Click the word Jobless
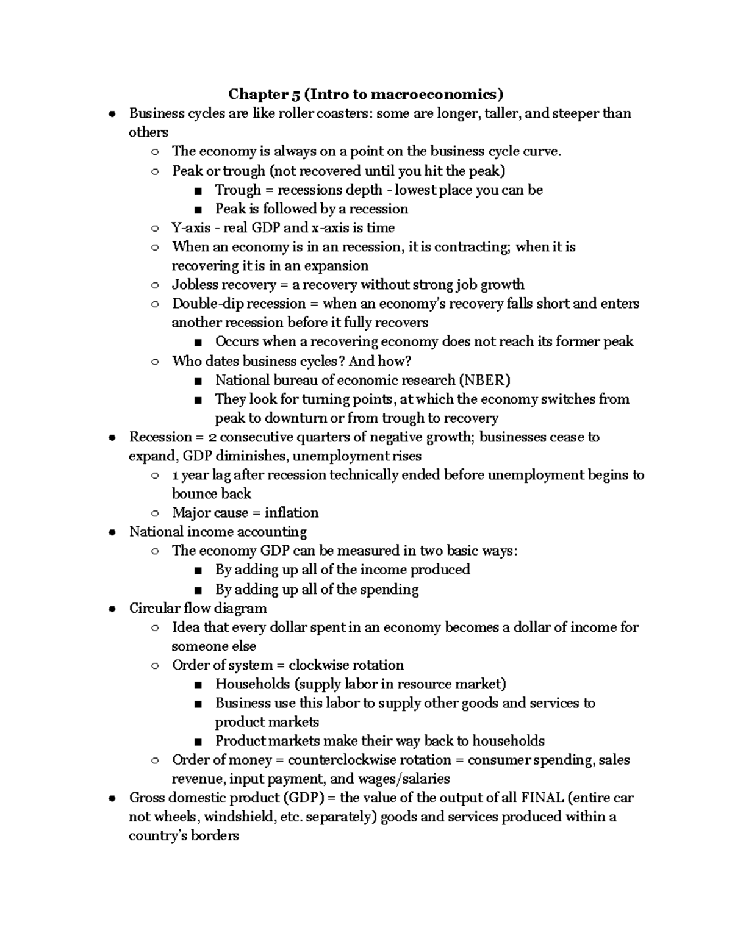(x=194, y=285)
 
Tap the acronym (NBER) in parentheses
(x=485, y=380)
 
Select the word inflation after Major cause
(x=292, y=513)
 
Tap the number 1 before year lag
(x=176, y=475)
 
